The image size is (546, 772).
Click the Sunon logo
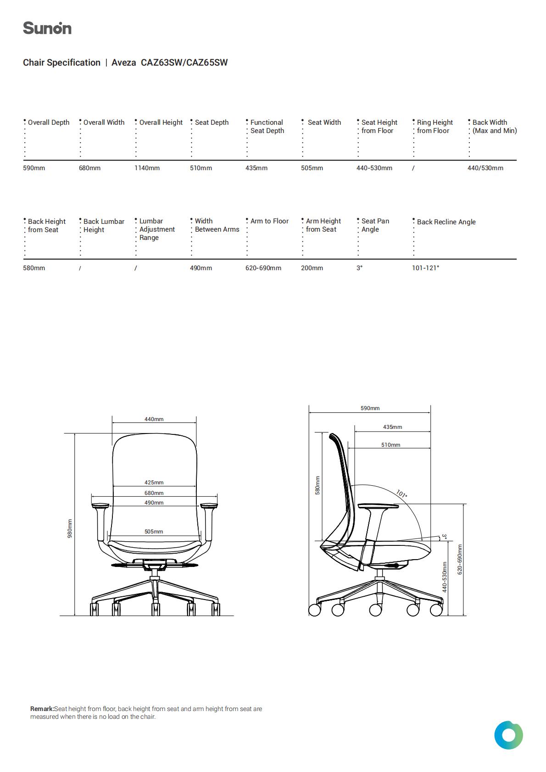tap(47, 28)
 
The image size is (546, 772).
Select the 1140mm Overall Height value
tap(147, 168)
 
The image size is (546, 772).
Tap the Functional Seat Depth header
tap(267, 127)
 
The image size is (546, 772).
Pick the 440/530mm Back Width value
tap(485, 168)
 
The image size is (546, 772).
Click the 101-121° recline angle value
tap(425, 268)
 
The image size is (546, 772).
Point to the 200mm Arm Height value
tap(312, 268)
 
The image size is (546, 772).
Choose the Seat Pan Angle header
tap(375, 225)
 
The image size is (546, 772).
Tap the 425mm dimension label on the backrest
tap(154, 483)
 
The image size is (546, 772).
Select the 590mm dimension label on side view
tap(370, 408)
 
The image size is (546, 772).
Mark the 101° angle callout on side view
tap(401, 494)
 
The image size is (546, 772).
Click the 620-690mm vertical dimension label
tap(459, 559)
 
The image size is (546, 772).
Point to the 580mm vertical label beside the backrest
tap(318, 485)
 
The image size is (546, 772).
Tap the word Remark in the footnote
tap(42, 709)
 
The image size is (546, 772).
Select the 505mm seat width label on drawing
tap(154, 532)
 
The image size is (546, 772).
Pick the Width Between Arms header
tap(217, 225)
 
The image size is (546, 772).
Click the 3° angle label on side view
tap(444, 537)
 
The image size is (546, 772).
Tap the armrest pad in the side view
tap(378, 506)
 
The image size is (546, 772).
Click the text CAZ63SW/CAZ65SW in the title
tap(184, 62)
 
